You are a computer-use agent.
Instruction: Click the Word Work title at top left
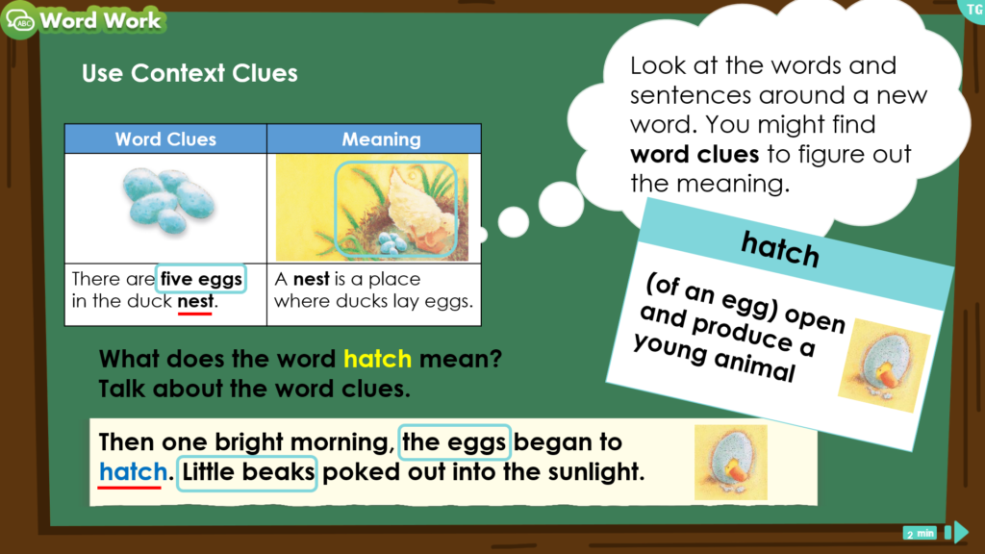(x=100, y=21)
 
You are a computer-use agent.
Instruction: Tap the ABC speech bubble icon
(x=20, y=20)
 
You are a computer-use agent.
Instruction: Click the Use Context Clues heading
(x=189, y=73)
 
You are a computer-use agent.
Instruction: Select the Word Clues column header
(x=165, y=138)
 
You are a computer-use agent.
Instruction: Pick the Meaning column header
(x=381, y=138)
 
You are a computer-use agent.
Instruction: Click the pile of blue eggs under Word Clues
(x=168, y=201)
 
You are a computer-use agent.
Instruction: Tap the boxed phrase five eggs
(x=201, y=279)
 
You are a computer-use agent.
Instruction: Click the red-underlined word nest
(x=195, y=301)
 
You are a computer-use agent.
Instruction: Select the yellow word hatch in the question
(x=377, y=359)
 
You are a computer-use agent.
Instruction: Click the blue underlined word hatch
(x=133, y=471)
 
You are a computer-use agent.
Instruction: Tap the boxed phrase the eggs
(x=454, y=442)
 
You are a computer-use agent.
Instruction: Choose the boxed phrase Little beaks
(x=247, y=471)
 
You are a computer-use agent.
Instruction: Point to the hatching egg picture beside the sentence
(x=731, y=463)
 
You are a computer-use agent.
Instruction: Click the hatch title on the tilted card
(x=780, y=249)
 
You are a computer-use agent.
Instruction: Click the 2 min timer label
(x=920, y=533)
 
